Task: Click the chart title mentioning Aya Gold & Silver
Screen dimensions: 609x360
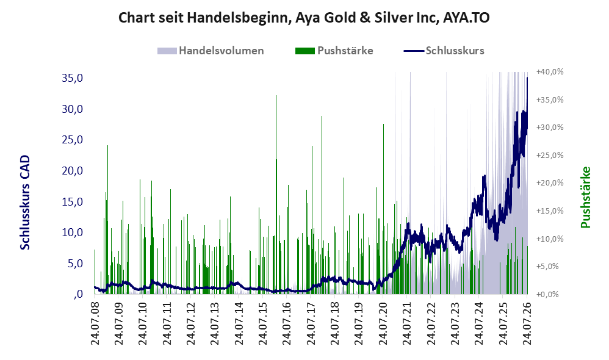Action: (x=304, y=18)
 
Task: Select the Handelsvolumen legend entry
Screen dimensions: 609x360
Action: (x=211, y=51)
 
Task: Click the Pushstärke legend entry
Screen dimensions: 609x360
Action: (x=334, y=51)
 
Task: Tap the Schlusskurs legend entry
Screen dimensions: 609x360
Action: (x=444, y=51)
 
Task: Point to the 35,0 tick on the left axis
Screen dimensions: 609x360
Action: (x=72, y=78)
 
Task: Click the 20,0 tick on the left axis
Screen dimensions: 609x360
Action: (x=72, y=170)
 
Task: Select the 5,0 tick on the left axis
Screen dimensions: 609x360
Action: (x=75, y=264)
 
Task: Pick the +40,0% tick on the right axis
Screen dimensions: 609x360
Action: (x=550, y=72)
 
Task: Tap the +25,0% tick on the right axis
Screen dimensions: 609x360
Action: (x=550, y=156)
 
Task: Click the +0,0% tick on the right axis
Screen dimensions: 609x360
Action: (x=547, y=294)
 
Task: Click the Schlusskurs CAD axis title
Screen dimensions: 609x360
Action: (x=25, y=203)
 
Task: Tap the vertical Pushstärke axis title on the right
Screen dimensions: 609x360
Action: (x=585, y=197)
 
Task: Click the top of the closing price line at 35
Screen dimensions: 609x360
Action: (x=527, y=77)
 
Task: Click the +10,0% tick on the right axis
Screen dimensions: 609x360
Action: (x=550, y=239)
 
